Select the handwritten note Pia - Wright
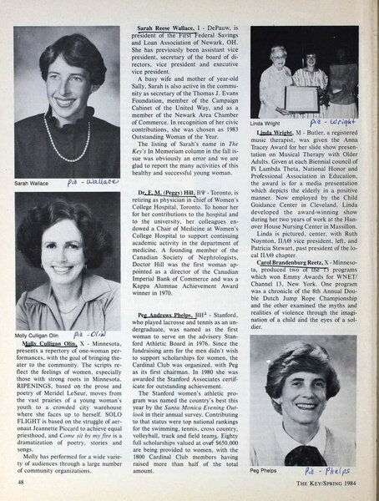pyautogui.click(x=336, y=120)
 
